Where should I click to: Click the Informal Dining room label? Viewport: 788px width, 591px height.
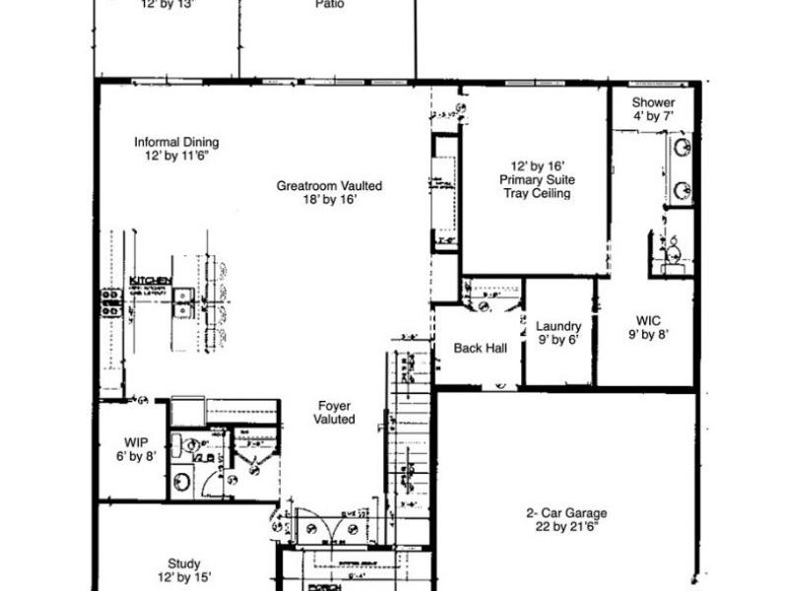click(x=176, y=142)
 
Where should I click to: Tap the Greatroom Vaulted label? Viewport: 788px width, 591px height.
click(x=329, y=185)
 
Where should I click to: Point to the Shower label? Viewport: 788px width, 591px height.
click(x=653, y=102)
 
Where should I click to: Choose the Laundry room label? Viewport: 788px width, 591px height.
click(x=558, y=327)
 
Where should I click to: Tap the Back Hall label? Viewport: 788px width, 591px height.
click(x=480, y=348)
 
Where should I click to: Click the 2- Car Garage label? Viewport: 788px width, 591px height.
click(x=565, y=513)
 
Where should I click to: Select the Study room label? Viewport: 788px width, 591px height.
click(x=184, y=564)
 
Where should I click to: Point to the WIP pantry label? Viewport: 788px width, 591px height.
click(x=136, y=442)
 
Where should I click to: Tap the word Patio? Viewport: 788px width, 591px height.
click(x=329, y=5)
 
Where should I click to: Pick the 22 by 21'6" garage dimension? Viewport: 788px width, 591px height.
click(x=565, y=528)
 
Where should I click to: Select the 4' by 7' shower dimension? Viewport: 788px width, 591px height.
click(x=653, y=116)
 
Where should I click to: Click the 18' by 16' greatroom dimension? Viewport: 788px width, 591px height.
click(x=329, y=199)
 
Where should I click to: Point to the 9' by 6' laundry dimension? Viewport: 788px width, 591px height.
click(x=558, y=341)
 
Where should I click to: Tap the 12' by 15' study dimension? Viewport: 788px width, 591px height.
click(x=184, y=578)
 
